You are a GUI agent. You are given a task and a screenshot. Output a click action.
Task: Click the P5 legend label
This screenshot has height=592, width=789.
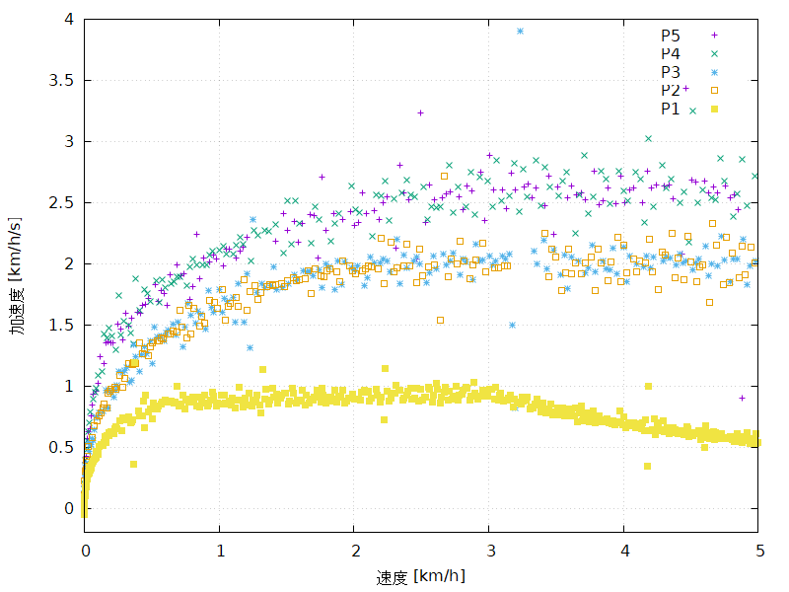(x=671, y=36)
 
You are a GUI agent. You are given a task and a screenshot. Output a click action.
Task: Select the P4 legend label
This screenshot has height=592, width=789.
(x=671, y=53)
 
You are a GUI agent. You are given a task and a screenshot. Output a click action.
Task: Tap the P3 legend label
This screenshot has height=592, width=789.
(x=671, y=72)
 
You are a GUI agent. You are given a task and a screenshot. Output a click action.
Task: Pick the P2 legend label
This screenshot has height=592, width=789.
(x=671, y=91)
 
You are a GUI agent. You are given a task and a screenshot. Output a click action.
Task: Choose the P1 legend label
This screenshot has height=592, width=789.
(x=671, y=110)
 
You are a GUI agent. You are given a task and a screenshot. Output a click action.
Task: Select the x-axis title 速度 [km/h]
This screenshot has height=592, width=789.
(x=420, y=576)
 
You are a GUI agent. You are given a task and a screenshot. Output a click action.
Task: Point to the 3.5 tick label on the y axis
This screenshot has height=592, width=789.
(x=61, y=80)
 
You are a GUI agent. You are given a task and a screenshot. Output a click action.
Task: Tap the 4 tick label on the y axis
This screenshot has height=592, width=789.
(x=68, y=19)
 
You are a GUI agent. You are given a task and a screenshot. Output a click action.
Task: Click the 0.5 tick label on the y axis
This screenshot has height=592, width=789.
(x=61, y=447)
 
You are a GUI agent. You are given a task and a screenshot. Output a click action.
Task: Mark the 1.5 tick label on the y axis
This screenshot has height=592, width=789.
(x=61, y=325)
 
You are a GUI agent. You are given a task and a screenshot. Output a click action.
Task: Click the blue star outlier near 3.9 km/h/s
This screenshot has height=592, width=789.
(x=520, y=31)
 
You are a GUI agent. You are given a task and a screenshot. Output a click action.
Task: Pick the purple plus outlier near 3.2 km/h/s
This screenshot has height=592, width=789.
(x=420, y=112)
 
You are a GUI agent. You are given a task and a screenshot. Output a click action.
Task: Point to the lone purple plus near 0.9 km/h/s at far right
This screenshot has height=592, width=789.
(x=742, y=398)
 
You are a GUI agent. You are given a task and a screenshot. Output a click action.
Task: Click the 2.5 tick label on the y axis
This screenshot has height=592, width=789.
(x=61, y=202)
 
